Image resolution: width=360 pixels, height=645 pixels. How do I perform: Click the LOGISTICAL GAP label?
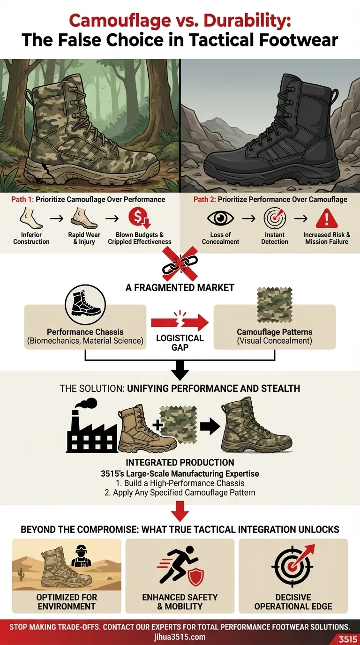(180, 343)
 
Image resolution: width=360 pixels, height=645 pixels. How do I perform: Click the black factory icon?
(90, 427)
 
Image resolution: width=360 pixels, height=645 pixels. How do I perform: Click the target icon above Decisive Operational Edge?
(293, 565)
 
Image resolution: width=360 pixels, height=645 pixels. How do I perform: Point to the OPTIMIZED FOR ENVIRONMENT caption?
(67, 602)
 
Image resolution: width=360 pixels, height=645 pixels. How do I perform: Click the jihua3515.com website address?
(180, 637)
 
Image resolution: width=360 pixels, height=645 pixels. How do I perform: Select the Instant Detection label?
(275, 238)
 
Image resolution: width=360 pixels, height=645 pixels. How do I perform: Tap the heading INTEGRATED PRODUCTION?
(180, 463)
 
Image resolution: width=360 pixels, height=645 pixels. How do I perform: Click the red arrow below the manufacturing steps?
(180, 512)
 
